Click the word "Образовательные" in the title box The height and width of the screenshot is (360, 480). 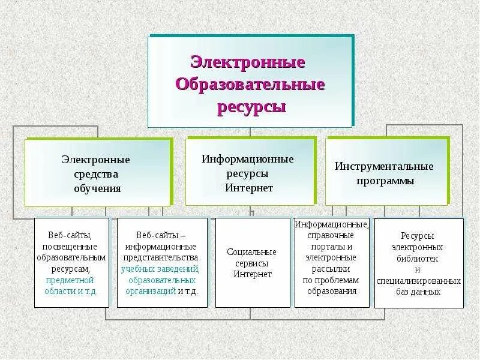[250, 84]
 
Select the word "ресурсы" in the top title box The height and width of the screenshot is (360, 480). [250, 107]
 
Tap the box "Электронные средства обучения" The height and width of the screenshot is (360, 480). [97, 173]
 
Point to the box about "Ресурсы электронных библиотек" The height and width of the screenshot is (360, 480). [418, 263]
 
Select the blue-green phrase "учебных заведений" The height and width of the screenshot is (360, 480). [160, 269]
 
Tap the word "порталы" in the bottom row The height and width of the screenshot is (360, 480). [332, 247]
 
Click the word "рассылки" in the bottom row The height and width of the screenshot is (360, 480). [331, 269]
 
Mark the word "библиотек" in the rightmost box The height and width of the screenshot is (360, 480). [418, 258]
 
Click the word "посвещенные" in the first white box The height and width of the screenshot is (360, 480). [71, 246]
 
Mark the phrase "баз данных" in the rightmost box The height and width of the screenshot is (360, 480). [419, 292]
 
